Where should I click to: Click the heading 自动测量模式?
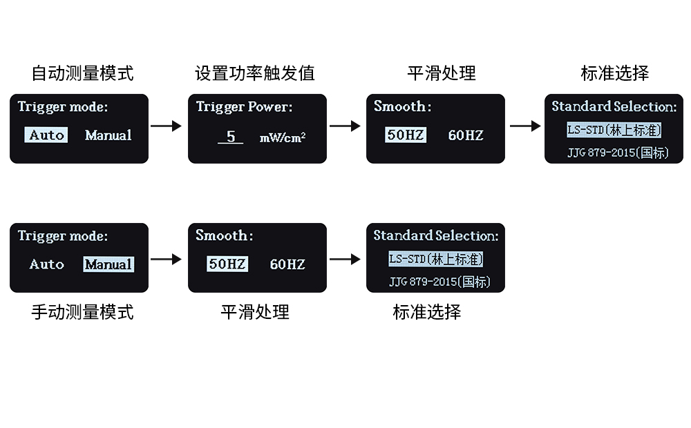point(82,73)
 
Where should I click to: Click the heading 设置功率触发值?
point(255,73)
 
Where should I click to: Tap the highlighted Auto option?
point(47,135)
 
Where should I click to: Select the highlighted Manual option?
point(108,264)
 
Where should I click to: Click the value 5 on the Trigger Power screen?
point(231,137)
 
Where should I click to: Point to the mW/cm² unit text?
point(283,137)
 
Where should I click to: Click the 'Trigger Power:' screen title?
point(244,107)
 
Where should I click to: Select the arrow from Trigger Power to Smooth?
point(345,126)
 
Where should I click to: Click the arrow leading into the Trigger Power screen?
point(167,126)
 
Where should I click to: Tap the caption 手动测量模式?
point(82,312)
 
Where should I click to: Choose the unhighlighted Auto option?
point(47,264)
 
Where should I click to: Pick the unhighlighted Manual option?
point(108,135)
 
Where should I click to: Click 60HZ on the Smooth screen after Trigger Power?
point(466,135)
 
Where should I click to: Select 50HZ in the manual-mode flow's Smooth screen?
point(228,264)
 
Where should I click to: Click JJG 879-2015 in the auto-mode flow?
point(618,152)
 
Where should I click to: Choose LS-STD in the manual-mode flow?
point(436,259)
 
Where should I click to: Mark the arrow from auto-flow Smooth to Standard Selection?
point(525,126)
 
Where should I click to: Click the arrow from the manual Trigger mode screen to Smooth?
point(167,260)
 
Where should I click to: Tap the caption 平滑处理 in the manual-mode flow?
point(255,312)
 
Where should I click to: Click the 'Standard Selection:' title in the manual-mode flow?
point(436,236)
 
